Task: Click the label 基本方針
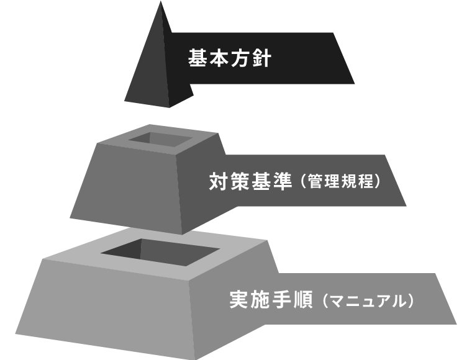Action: [230, 59]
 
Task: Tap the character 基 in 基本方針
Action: [198, 59]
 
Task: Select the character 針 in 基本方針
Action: [261, 59]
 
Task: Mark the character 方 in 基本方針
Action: [240, 59]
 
